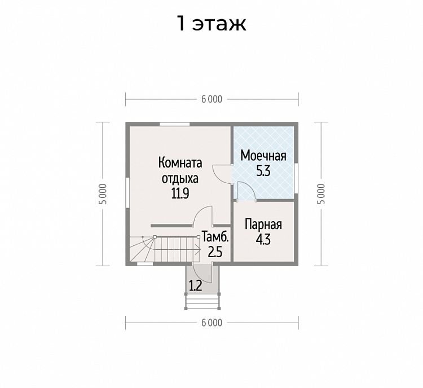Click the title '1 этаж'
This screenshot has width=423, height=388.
tap(211, 24)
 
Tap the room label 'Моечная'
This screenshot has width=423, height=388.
tap(263, 156)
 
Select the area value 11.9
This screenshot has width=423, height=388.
tap(180, 193)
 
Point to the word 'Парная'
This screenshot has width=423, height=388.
tap(263, 225)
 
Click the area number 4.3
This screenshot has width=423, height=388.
tap(263, 239)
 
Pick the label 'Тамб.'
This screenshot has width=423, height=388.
tap(215, 237)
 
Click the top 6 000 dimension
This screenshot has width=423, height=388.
tap(211, 99)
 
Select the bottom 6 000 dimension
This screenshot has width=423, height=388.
tap(211, 323)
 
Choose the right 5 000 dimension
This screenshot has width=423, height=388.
tap(321, 194)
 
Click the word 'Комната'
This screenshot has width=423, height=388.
tap(180, 163)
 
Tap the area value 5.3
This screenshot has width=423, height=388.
tap(263, 171)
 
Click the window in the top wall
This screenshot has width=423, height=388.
tap(174, 124)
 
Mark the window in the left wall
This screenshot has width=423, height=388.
tap(127, 193)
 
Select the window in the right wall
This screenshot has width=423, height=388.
tap(296, 178)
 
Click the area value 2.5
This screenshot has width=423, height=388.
tap(215, 252)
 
